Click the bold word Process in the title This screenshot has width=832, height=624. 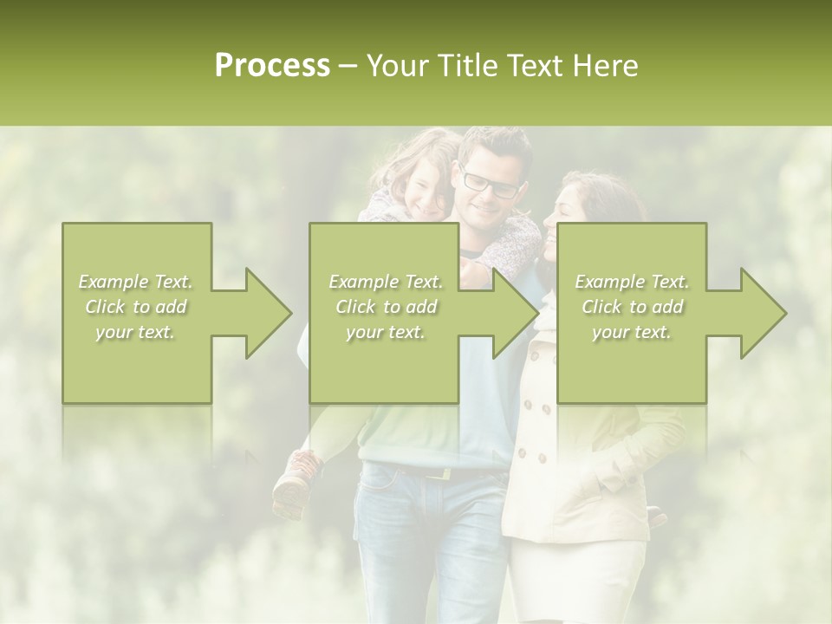tap(272, 66)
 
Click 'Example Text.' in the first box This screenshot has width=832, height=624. tap(135, 282)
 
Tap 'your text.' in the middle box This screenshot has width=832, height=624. tap(385, 332)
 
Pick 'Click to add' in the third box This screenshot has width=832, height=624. tap(632, 307)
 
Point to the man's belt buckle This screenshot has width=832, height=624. tap(446, 473)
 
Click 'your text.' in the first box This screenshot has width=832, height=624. tap(135, 332)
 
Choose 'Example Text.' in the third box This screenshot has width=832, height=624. tap(632, 282)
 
